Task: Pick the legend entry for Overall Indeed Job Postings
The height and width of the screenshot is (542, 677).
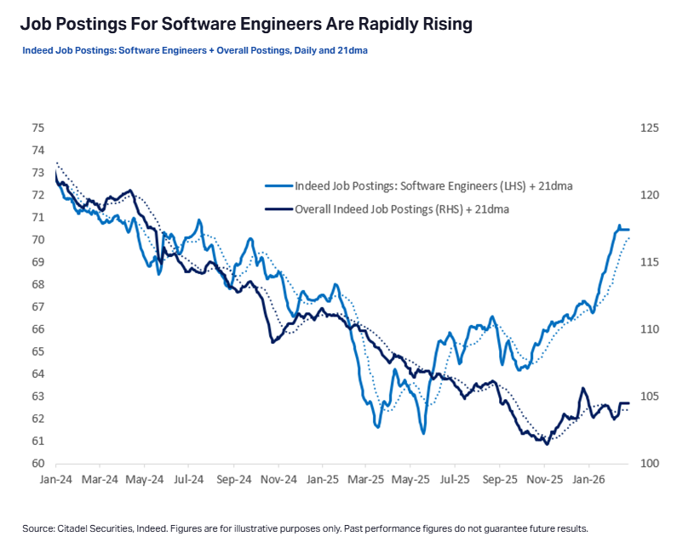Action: (401, 208)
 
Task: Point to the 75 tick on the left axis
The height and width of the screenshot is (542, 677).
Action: (37, 128)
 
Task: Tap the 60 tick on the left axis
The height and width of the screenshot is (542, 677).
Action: (37, 464)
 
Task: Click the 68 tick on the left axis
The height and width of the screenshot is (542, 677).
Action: (37, 285)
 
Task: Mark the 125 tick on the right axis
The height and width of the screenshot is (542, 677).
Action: (649, 128)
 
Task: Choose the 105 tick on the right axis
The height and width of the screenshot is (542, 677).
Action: (649, 397)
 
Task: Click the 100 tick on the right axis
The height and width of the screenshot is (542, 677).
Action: (649, 464)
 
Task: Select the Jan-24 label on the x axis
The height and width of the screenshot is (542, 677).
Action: (56, 480)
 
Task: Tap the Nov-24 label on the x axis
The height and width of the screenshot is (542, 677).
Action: (278, 480)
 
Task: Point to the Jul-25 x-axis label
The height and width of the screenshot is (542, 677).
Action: (455, 480)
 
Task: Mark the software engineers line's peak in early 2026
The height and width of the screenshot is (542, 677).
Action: (619, 225)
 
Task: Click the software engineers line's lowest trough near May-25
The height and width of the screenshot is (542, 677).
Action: (423, 433)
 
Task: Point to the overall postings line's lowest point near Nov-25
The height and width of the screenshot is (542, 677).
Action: (547, 443)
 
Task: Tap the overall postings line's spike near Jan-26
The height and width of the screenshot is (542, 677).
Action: (583, 389)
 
